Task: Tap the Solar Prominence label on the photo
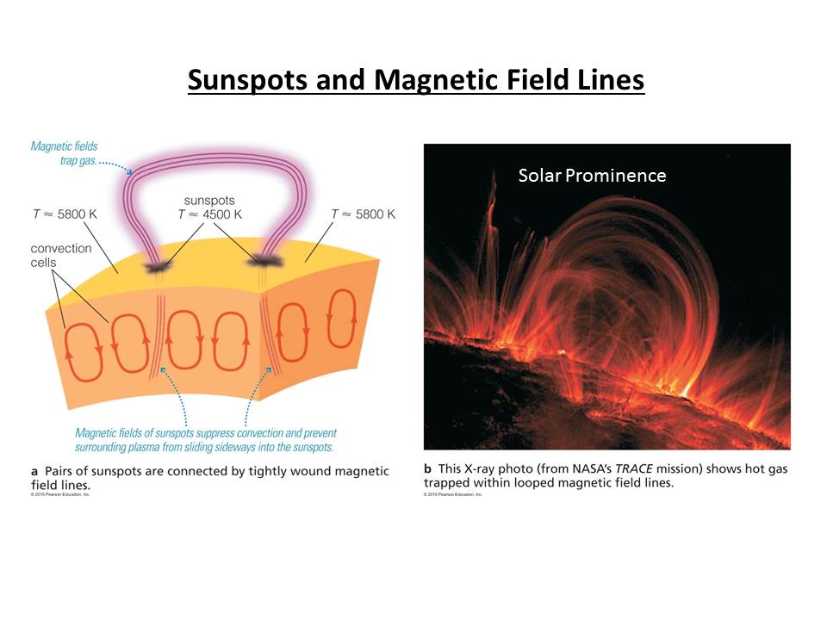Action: point(592,176)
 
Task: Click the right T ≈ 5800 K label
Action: point(363,214)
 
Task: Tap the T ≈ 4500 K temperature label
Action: point(210,214)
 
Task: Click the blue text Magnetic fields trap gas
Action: point(65,153)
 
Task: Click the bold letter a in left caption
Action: point(34,472)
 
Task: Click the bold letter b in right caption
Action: point(427,469)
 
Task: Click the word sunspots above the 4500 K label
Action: point(210,201)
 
